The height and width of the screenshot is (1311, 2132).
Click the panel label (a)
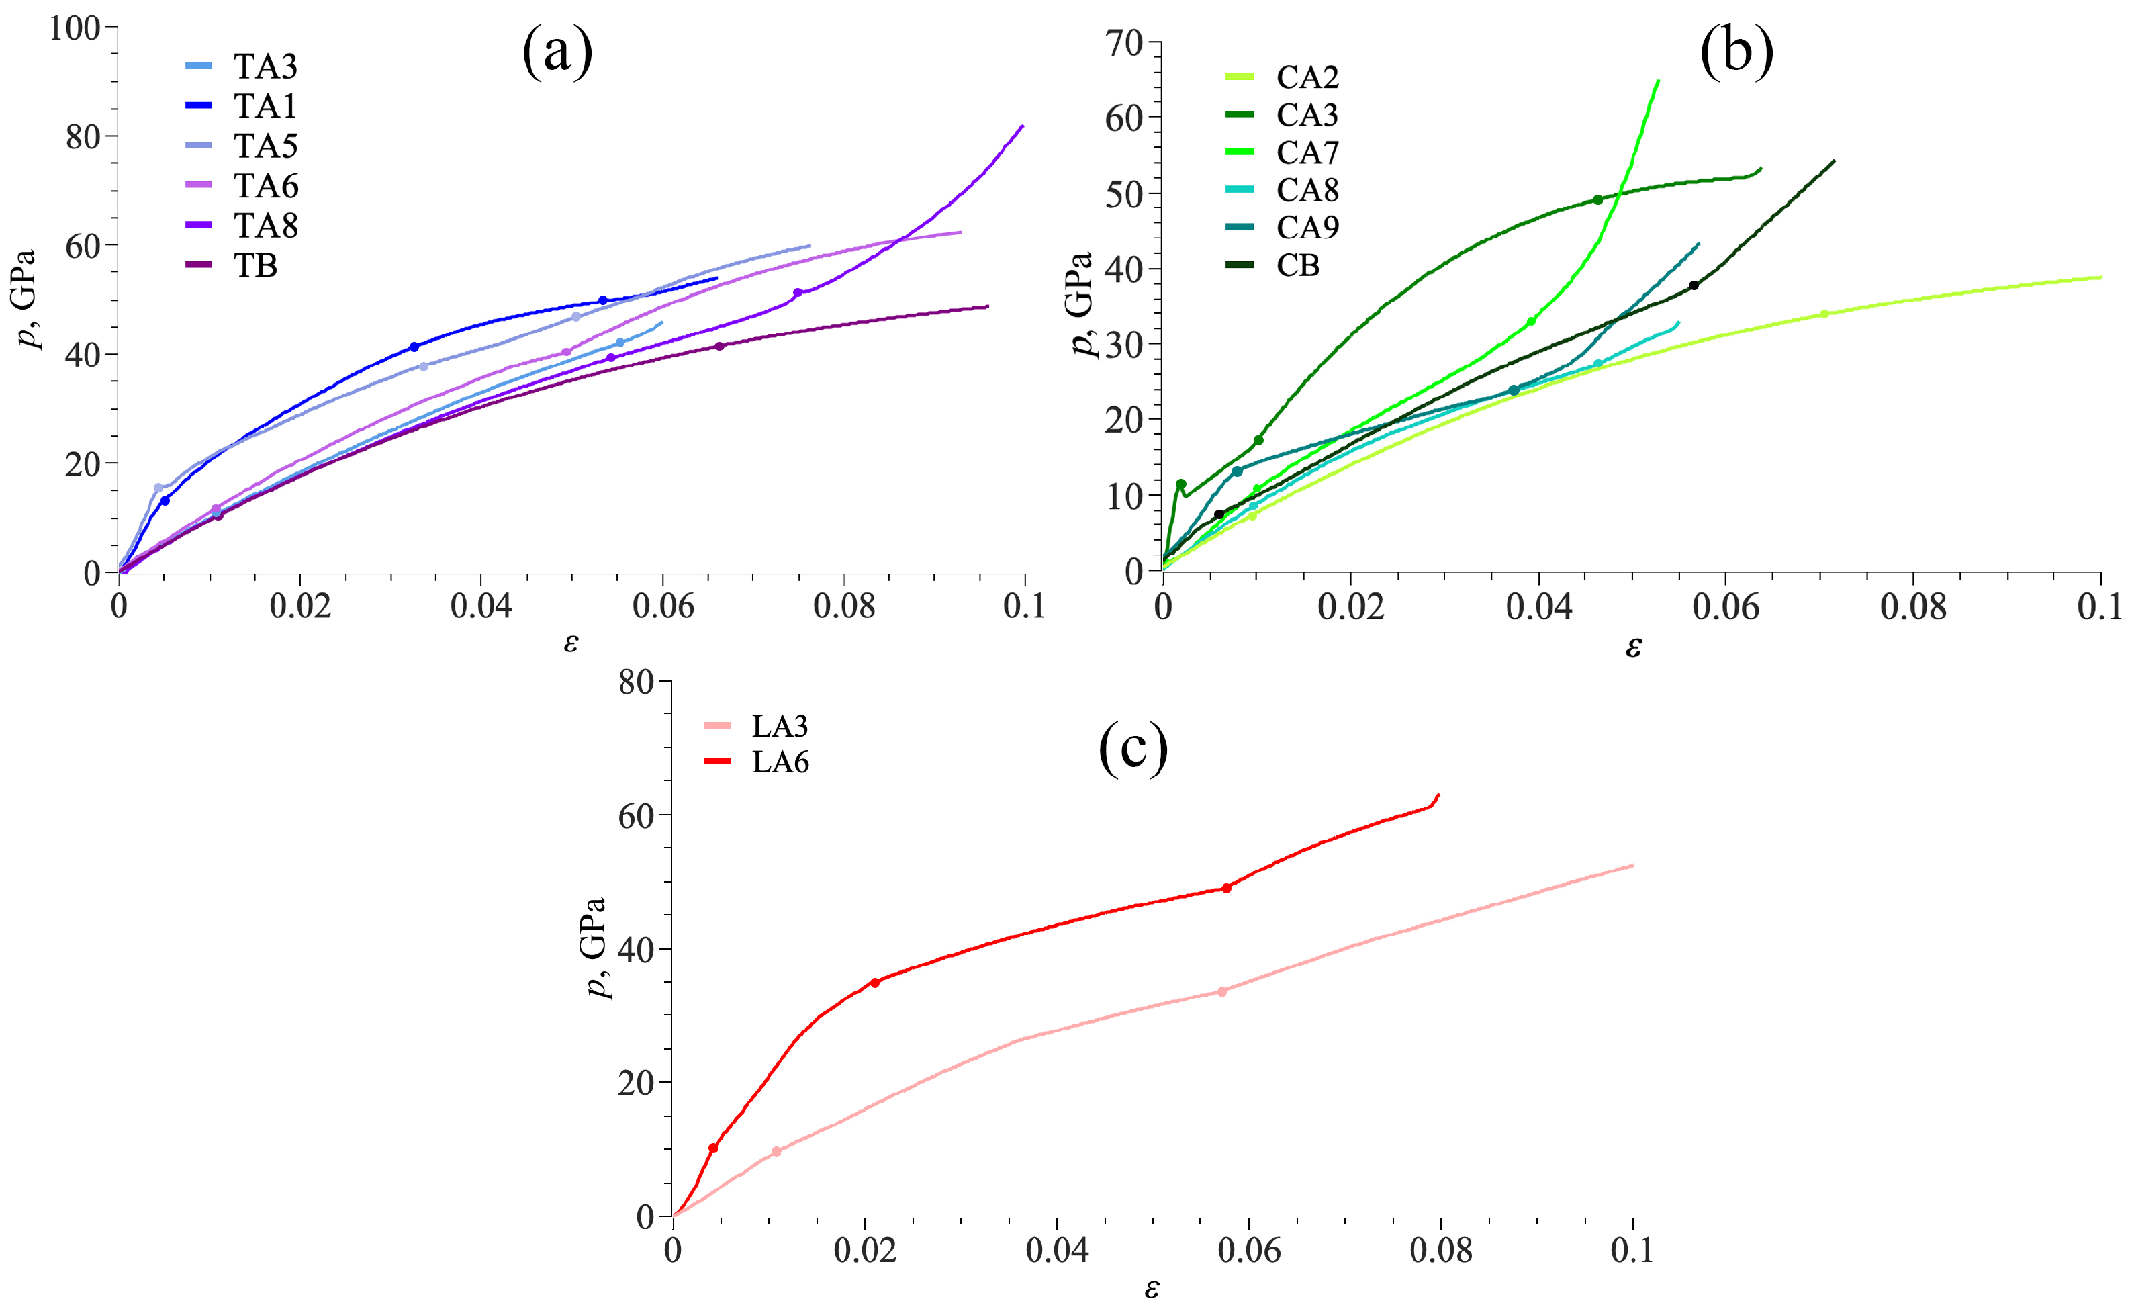[557, 52]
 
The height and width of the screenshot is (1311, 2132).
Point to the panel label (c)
[1133, 748]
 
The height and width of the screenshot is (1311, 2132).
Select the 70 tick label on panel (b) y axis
[1124, 42]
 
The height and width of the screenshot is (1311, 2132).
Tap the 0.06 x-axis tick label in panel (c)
[1248, 1251]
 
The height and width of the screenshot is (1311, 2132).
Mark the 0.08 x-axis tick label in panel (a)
[843, 606]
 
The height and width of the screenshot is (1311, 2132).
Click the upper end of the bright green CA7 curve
[1658, 81]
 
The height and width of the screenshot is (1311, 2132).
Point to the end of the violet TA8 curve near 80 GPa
[1023, 126]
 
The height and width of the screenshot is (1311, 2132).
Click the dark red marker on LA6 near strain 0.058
[1226, 888]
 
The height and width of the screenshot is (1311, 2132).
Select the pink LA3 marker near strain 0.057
[1222, 991]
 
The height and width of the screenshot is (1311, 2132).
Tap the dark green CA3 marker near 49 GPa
[1597, 199]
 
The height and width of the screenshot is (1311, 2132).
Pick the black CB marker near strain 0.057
[1694, 285]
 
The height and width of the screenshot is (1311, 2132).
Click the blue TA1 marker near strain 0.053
[603, 300]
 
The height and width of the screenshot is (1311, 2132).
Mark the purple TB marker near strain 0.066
[719, 346]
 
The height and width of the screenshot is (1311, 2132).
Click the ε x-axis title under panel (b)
[1633, 647]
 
